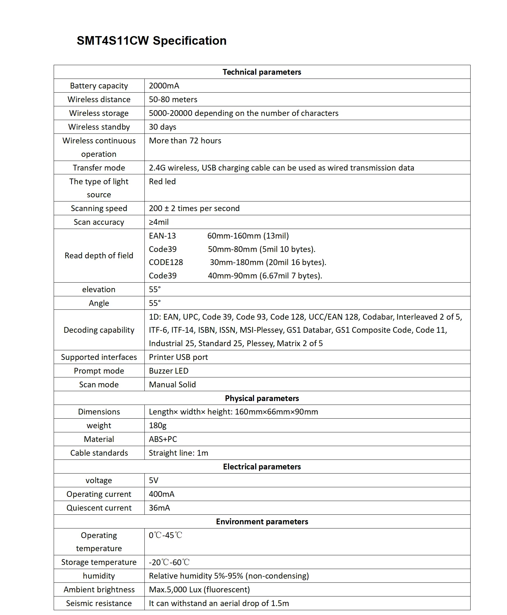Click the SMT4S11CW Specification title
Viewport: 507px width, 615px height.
[151, 41]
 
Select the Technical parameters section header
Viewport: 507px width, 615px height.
[262, 72]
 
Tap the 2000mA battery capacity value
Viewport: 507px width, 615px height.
[164, 86]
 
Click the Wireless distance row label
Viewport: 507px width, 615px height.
[99, 100]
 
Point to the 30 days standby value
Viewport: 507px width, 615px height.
[162, 127]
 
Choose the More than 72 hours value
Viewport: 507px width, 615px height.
[185, 141]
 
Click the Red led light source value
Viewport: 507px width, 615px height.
[162, 182]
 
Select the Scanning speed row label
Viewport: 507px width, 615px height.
[99, 209]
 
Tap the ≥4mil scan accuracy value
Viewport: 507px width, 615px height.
[159, 222]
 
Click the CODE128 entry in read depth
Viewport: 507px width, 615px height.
[166, 262]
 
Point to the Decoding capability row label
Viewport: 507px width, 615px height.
[99, 330]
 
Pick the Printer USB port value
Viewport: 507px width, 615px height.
[178, 357]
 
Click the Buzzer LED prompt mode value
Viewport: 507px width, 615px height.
[169, 371]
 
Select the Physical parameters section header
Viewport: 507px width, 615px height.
[262, 399]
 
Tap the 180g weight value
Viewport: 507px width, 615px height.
[157, 426]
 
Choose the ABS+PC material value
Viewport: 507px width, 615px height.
[163, 439]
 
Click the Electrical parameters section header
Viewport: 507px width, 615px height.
[262, 467]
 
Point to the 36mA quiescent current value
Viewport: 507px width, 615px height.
[159, 508]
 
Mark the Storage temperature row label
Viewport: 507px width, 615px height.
[99, 562]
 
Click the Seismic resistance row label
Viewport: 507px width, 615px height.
[99, 604]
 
